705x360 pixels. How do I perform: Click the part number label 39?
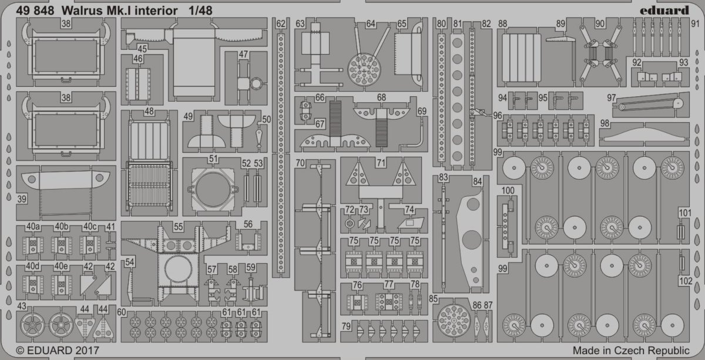pos(22,199)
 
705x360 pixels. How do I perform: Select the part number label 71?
pos(381,163)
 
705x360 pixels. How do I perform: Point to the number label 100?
pos(508,190)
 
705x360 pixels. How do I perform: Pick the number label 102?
pos(685,281)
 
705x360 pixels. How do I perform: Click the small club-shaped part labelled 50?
pos(259,139)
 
